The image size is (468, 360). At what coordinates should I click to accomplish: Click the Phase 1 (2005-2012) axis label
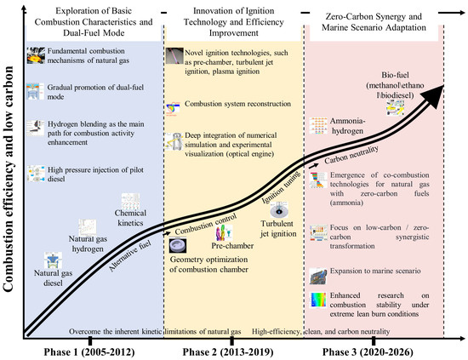tap(89, 352)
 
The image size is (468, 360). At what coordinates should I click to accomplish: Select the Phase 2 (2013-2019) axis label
tap(228, 352)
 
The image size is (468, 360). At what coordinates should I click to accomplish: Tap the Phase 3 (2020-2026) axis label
tap(368, 352)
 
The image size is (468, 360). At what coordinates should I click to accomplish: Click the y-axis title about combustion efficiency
tap(8, 179)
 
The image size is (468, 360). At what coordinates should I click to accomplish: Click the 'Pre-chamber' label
tap(232, 246)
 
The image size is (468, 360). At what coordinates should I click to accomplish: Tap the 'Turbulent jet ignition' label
tap(278, 229)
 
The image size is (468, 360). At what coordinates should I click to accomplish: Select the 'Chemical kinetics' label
tap(130, 218)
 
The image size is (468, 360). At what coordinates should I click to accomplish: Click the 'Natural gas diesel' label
tap(53, 278)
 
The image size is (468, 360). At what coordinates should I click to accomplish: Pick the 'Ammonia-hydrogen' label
tap(347, 126)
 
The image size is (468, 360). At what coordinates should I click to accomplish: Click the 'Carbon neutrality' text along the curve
tap(351, 155)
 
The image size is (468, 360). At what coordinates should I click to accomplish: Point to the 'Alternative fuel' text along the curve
tap(130, 256)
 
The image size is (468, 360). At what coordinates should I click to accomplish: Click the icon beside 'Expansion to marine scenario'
tap(318, 276)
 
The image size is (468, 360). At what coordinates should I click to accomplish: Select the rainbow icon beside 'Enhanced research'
tap(318, 300)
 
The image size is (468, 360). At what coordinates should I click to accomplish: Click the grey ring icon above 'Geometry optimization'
tap(178, 245)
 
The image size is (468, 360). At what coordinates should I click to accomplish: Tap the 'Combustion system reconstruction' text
tap(237, 104)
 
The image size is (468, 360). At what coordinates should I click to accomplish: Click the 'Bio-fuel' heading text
tap(395, 75)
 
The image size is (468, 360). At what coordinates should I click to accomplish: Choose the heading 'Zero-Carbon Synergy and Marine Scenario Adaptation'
tap(374, 22)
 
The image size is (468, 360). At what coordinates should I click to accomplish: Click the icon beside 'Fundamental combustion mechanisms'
tap(36, 55)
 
